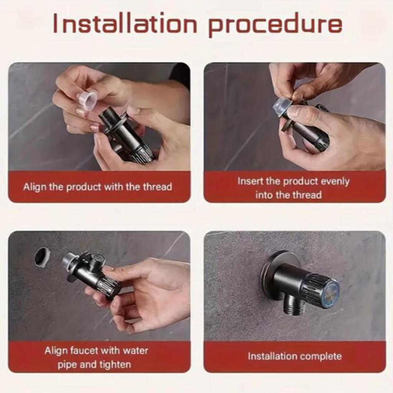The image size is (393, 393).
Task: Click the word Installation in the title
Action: point(125,23)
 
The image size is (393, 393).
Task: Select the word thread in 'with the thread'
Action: point(157,187)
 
